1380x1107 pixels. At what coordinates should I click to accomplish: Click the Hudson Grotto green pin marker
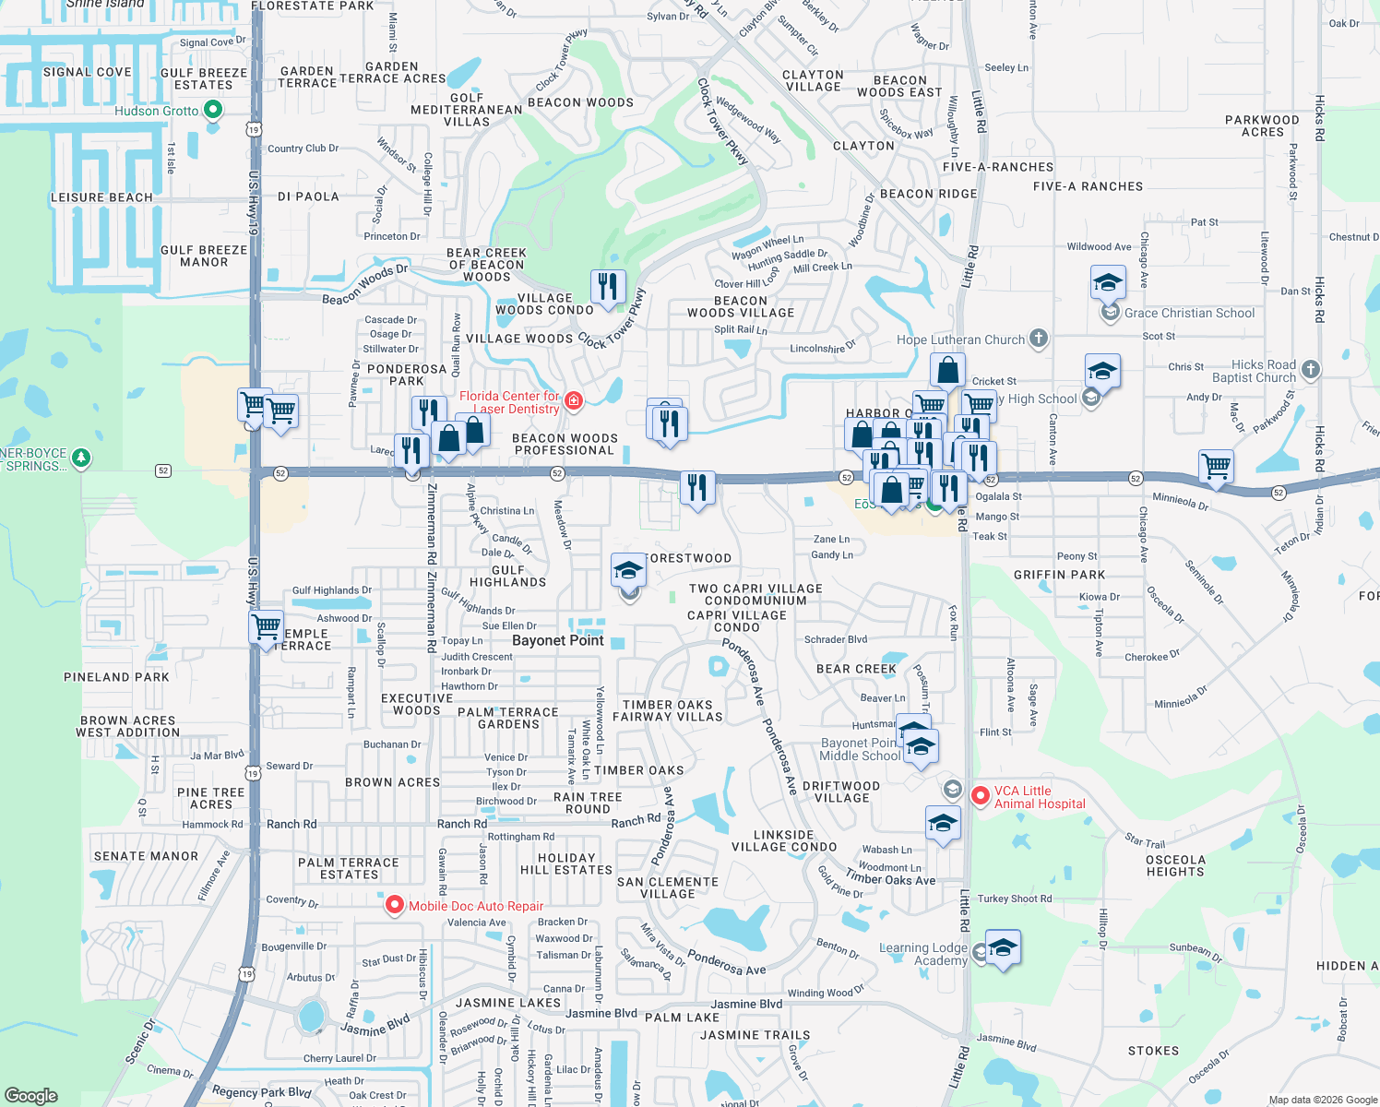213,111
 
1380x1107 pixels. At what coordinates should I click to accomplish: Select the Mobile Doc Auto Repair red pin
395,905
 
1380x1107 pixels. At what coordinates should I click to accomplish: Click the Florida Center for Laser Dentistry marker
574,400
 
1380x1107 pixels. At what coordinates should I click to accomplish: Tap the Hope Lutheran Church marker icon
1039,339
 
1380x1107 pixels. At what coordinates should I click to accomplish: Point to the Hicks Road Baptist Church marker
1311,370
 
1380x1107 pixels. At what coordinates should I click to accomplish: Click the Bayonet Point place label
557,640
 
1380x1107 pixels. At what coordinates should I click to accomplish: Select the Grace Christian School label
1189,313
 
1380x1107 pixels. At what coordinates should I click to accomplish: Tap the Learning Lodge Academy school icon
1003,947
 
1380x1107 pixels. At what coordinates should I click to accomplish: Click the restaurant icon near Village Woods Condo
607,287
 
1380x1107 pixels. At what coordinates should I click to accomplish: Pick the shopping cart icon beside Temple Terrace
267,627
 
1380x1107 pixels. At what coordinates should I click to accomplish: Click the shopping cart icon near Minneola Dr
1217,467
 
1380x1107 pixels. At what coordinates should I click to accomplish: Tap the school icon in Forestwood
628,570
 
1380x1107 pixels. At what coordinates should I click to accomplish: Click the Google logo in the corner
31,1095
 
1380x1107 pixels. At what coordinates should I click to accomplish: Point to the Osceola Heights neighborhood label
1175,865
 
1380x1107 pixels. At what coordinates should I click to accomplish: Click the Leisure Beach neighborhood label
101,197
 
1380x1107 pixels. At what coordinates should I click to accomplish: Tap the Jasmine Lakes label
508,1003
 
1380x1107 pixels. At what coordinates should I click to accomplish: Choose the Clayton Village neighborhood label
813,80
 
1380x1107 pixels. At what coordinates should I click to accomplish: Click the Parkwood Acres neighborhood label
1262,125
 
